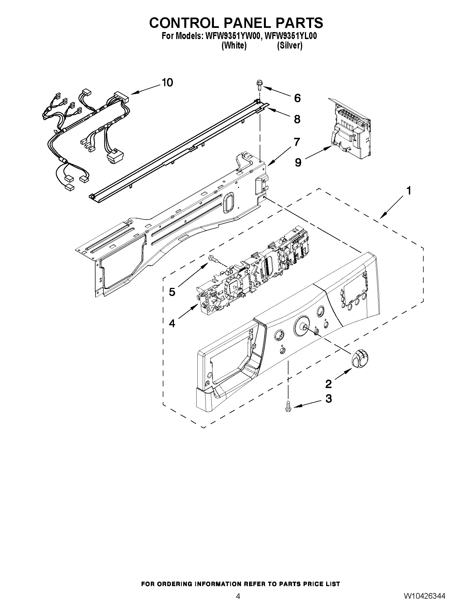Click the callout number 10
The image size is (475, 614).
(168, 82)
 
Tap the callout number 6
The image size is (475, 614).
(297, 98)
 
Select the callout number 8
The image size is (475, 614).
(297, 119)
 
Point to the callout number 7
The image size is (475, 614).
(297, 142)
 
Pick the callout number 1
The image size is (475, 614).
(409, 191)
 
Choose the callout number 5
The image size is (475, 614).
(172, 292)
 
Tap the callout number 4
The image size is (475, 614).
(172, 323)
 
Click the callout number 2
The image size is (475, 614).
(328, 384)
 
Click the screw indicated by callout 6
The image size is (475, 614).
(259, 85)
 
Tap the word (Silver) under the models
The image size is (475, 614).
(290, 45)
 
